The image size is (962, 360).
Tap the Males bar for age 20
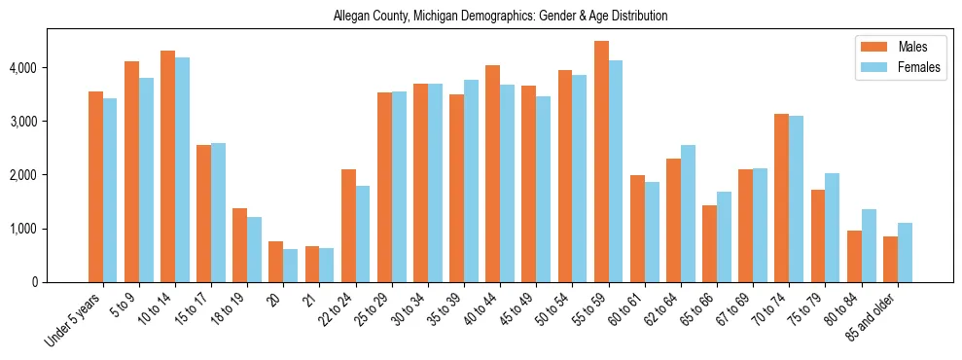click(x=276, y=262)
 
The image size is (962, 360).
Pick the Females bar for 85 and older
click(x=905, y=253)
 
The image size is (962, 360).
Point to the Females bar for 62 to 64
click(x=688, y=214)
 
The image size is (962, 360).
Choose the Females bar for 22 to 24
click(x=363, y=234)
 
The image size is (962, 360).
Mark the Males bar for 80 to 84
click(x=854, y=257)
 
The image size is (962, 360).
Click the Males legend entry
click(x=912, y=47)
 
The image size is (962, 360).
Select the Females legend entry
click(x=918, y=68)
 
